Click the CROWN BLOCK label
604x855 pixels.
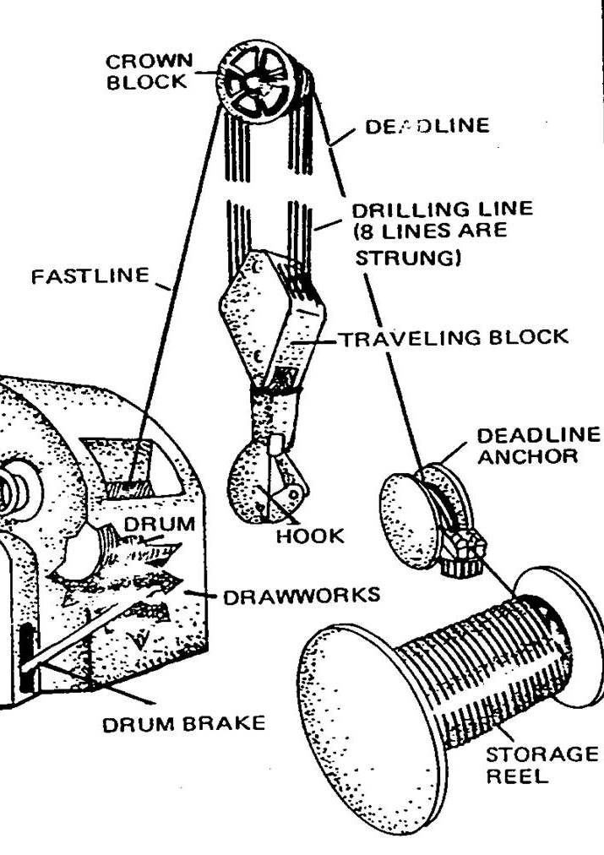click(x=150, y=71)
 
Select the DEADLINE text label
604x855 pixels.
click(x=427, y=126)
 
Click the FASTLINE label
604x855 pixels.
click(x=90, y=276)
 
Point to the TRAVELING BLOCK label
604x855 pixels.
click(x=454, y=338)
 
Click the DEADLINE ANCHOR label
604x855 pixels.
click(x=537, y=445)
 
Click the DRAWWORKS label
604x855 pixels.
click(x=301, y=596)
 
